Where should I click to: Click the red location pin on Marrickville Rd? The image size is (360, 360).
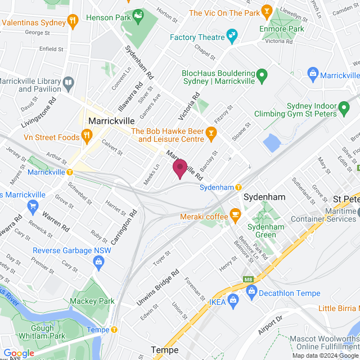click(x=180, y=168)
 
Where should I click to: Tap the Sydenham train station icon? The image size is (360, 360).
click(x=238, y=187)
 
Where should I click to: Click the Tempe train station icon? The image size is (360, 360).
click(x=114, y=330)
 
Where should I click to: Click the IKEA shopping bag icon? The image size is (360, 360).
click(x=233, y=303)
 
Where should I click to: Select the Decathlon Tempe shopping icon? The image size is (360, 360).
click(x=251, y=291)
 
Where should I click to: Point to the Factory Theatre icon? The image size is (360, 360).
click(x=232, y=38)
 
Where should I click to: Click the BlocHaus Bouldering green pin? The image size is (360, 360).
click(x=262, y=73)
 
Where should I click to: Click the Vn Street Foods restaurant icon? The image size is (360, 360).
click(x=87, y=135)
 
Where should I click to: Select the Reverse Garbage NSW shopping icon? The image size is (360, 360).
click(x=99, y=261)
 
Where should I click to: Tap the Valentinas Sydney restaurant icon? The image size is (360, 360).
click(x=73, y=21)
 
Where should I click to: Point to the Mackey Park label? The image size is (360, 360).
click(x=91, y=301)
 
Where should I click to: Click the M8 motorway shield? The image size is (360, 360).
click(x=248, y=279)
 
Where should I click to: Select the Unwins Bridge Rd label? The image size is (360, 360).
click(x=159, y=287)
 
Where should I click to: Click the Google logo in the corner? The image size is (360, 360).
click(x=19, y=353)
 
